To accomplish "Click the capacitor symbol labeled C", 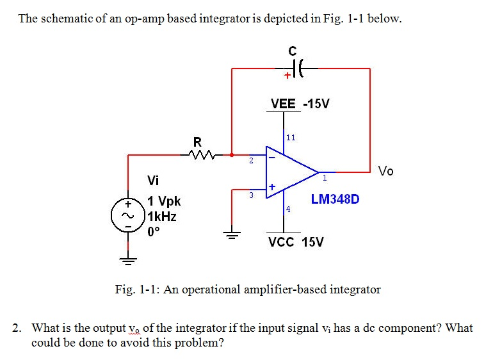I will pyautogui.click(x=296, y=67).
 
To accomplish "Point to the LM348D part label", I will pyautogui.click(x=335, y=199).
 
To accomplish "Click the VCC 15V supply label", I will pyautogui.click(x=296, y=242).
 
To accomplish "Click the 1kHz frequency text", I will pyautogui.click(x=161, y=217).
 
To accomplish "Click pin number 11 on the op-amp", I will pyautogui.click(x=291, y=137).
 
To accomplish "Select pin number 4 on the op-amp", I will pyautogui.click(x=288, y=209).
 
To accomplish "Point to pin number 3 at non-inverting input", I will pyautogui.click(x=251, y=194).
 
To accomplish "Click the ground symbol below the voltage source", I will pyautogui.click(x=127, y=259).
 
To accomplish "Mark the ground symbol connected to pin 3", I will pyautogui.click(x=231, y=234).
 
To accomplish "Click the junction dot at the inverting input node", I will pyautogui.click(x=232, y=154).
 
